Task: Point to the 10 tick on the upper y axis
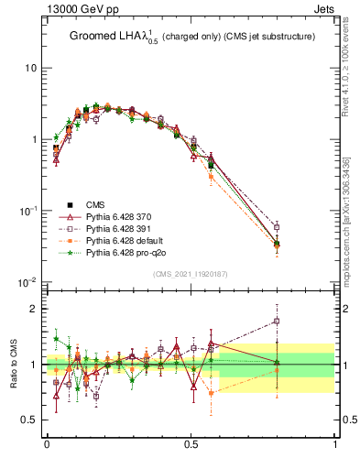tap(30, 69)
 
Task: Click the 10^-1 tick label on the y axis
tap(27, 211)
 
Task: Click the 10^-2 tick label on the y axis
tap(27, 282)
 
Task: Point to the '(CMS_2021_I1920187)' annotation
tap(190, 274)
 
